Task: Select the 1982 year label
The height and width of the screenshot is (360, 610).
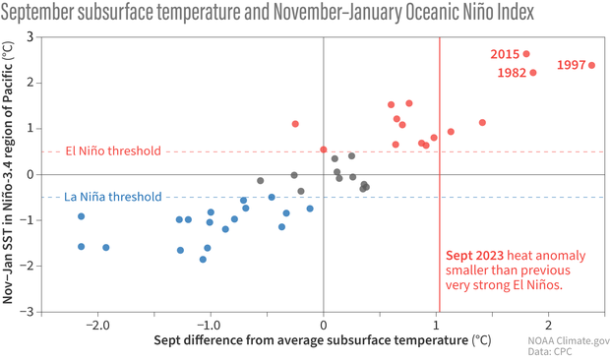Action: pyautogui.click(x=510, y=73)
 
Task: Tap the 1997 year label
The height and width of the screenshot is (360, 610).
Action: pyautogui.click(x=571, y=65)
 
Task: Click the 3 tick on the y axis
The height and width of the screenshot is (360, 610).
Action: pyautogui.click(x=30, y=36)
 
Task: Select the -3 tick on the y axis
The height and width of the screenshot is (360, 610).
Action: pyautogui.click(x=28, y=312)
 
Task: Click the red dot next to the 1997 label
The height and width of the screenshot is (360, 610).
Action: pyautogui.click(x=592, y=65)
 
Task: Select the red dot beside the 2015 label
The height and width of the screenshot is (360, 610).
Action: pyautogui.click(x=526, y=54)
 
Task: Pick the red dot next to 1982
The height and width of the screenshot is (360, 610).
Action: pyautogui.click(x=533, y=73)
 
